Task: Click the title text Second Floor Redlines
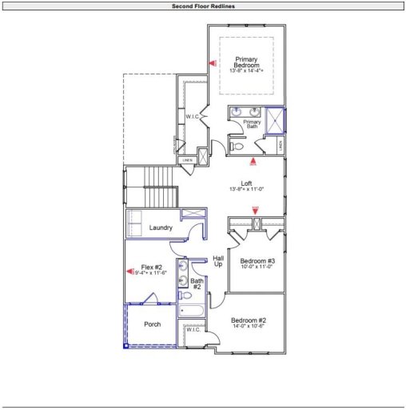click(203, 6)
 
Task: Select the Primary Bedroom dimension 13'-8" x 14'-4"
click(247, 71)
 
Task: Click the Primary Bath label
click(253, 123)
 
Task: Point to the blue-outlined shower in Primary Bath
click(274, 121)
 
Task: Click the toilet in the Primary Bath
click(237, 147)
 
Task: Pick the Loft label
click(247, 183)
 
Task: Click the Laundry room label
click(161, 228)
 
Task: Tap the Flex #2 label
click(152, 267)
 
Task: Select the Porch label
click(152, 324)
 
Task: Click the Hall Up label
click(217, 261)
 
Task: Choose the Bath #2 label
click(197, 283)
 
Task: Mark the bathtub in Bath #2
click(193, 310)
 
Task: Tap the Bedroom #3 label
click(258, 261)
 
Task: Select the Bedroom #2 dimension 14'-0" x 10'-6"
click(248, 326)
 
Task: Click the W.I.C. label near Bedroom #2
click(195, 330)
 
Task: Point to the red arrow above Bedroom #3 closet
click(256, 210)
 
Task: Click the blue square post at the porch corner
click(125, 346)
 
